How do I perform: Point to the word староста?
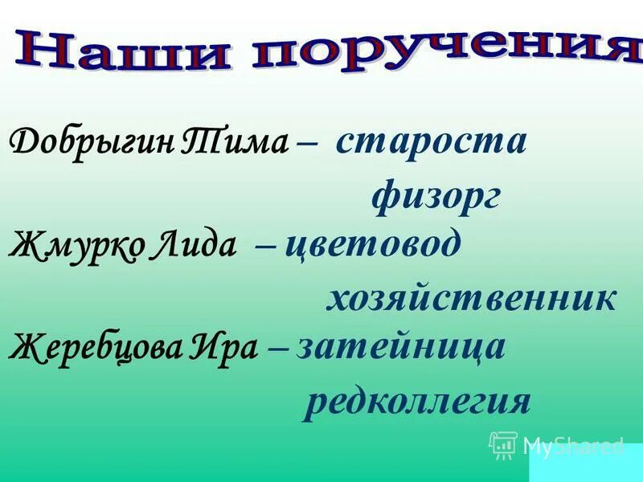tap(432, 141)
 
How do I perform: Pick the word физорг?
tap(436, 195)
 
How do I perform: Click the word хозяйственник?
tap(471, 297)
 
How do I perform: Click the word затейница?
tap(401, 347)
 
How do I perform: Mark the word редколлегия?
tap(417, 401)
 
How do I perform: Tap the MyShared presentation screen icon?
tap(503, 445)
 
